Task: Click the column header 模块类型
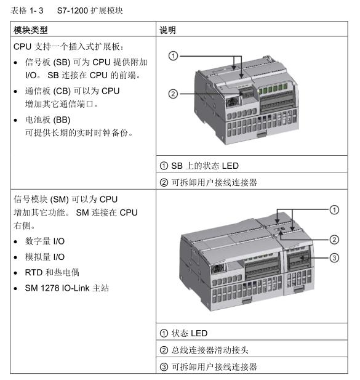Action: click(x=31, y=30)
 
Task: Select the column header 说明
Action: click(x=167, y=30)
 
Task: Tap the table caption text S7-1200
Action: click(x=71, y=10)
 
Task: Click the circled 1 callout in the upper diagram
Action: click(x=173, y=56)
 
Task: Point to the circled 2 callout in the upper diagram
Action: click(x=173, y=94)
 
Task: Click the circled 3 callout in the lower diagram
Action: click(x=334, y=258)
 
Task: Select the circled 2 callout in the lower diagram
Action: click(x=334, y=240)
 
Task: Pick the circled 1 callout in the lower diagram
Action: click(x=334, y=210)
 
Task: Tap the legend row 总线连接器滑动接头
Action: click(x=204, y=350)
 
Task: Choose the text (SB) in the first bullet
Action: click(x=62, y=62)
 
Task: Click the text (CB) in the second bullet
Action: click(x=62, y=91)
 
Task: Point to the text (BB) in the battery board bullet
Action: click(x=62, y=120)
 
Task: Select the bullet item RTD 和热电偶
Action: click(x=52, y=272)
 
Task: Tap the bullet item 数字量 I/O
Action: click(x=45, y=241)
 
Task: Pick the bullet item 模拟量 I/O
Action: click(x=45, y=257)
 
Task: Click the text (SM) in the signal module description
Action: click(x=60, y=200)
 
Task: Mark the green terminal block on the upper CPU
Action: click(x=273, y=89)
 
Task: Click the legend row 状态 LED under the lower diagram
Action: click(x=183, y=333)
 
